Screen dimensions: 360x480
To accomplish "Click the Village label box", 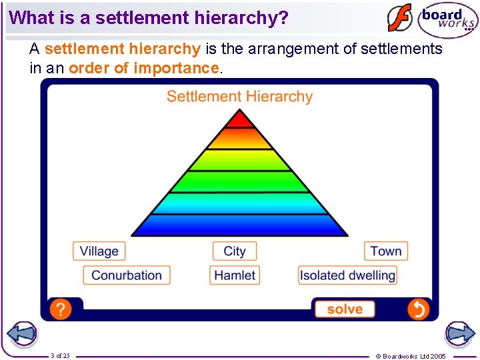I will [99, 251].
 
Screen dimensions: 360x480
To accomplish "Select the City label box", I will [235, 251].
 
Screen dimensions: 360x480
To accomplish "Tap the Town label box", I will [386, 251].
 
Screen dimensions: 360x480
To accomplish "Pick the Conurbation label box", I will [127, 275].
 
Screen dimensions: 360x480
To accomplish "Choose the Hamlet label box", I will [235, 275].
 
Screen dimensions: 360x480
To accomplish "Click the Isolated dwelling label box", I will [347, 275].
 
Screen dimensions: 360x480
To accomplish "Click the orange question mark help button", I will [60, 309].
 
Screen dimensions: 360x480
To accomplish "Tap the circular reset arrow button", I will [419, 309].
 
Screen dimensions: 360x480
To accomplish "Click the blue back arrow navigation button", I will [22, 333].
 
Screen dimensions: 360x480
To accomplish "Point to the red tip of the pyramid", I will [239, 120].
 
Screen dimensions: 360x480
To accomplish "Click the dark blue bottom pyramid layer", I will [239, 225].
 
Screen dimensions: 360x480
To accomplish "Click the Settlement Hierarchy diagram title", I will [239, 97].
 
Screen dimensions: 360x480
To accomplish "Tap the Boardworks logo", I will [447, 20].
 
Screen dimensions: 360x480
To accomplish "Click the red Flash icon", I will [400, 19].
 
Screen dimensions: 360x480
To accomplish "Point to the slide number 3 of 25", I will [59, 355].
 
